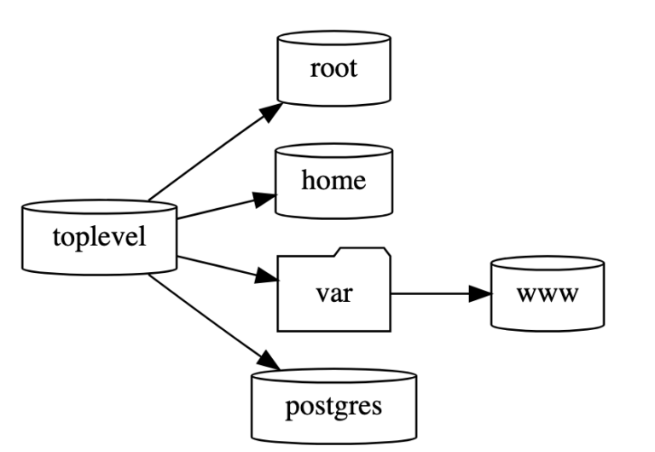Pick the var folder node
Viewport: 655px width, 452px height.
click(x=333, y=293)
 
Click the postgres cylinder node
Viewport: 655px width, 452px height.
click(x=333, y=404)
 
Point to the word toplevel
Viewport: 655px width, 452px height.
click(x=99, y=236)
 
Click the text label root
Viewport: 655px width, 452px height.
click(x=333, y=68)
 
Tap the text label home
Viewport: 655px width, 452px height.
click(x=333, y=181)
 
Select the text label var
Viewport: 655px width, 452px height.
click(x=333, y=294)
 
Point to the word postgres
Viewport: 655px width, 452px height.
click(x=333, y=405)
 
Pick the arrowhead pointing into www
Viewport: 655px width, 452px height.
click(x=481, y=293)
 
